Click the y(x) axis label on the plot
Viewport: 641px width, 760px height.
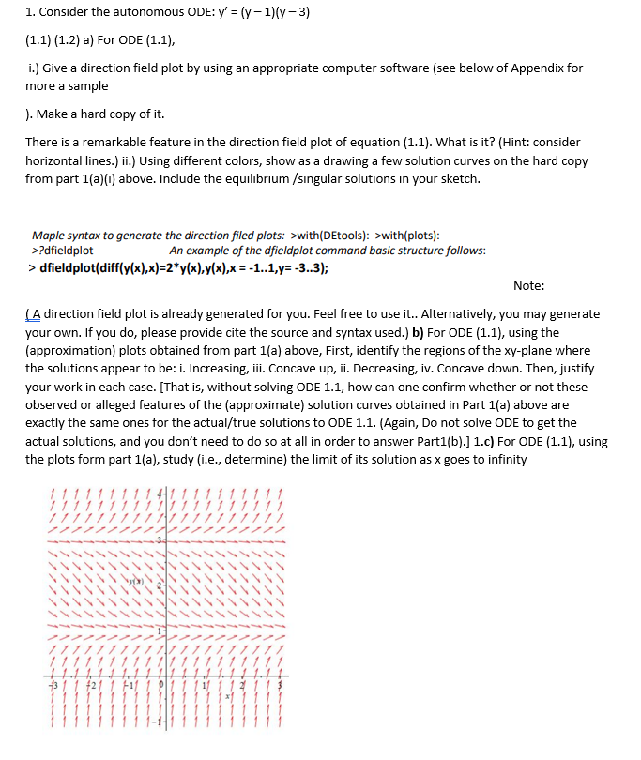click(x=138, y=584)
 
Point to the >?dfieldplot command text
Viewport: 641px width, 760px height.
click(x=63, y=251)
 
